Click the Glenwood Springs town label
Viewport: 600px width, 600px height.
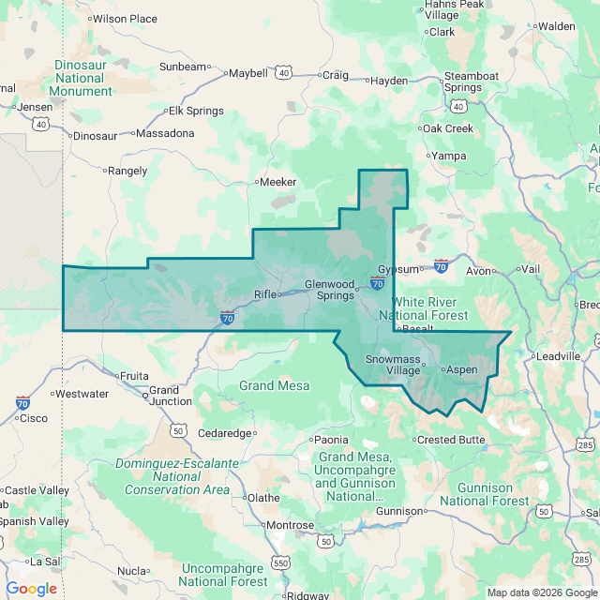329,290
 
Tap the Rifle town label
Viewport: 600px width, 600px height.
265,294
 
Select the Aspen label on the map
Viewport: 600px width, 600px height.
460,369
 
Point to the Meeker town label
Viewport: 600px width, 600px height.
277,182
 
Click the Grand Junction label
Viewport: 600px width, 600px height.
170,396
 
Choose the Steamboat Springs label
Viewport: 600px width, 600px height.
462,82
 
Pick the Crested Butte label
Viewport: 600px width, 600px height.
450,439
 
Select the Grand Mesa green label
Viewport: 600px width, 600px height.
269,385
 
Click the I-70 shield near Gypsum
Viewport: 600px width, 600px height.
441,266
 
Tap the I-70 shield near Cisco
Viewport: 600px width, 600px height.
22,402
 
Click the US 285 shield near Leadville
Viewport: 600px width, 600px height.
583,443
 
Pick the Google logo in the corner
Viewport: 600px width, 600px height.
31,588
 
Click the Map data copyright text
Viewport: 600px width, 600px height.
541,592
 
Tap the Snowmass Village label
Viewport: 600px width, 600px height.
393,365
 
